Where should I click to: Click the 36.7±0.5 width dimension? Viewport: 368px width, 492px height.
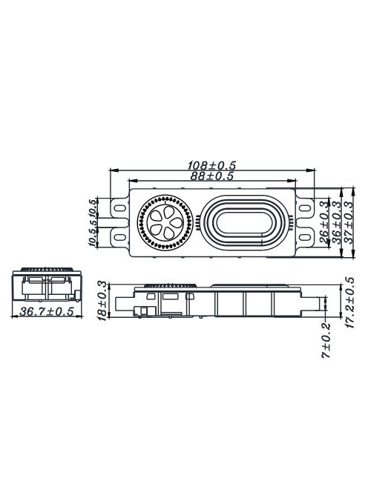point(47,311)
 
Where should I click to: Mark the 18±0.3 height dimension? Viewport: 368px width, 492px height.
point(102,299)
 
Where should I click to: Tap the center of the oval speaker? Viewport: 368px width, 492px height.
point(243,220)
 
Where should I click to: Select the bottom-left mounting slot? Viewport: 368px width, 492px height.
point(118,237)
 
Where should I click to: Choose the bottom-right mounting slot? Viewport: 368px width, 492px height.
point(305,237)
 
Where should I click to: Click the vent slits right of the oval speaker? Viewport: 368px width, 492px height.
point(292,220)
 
